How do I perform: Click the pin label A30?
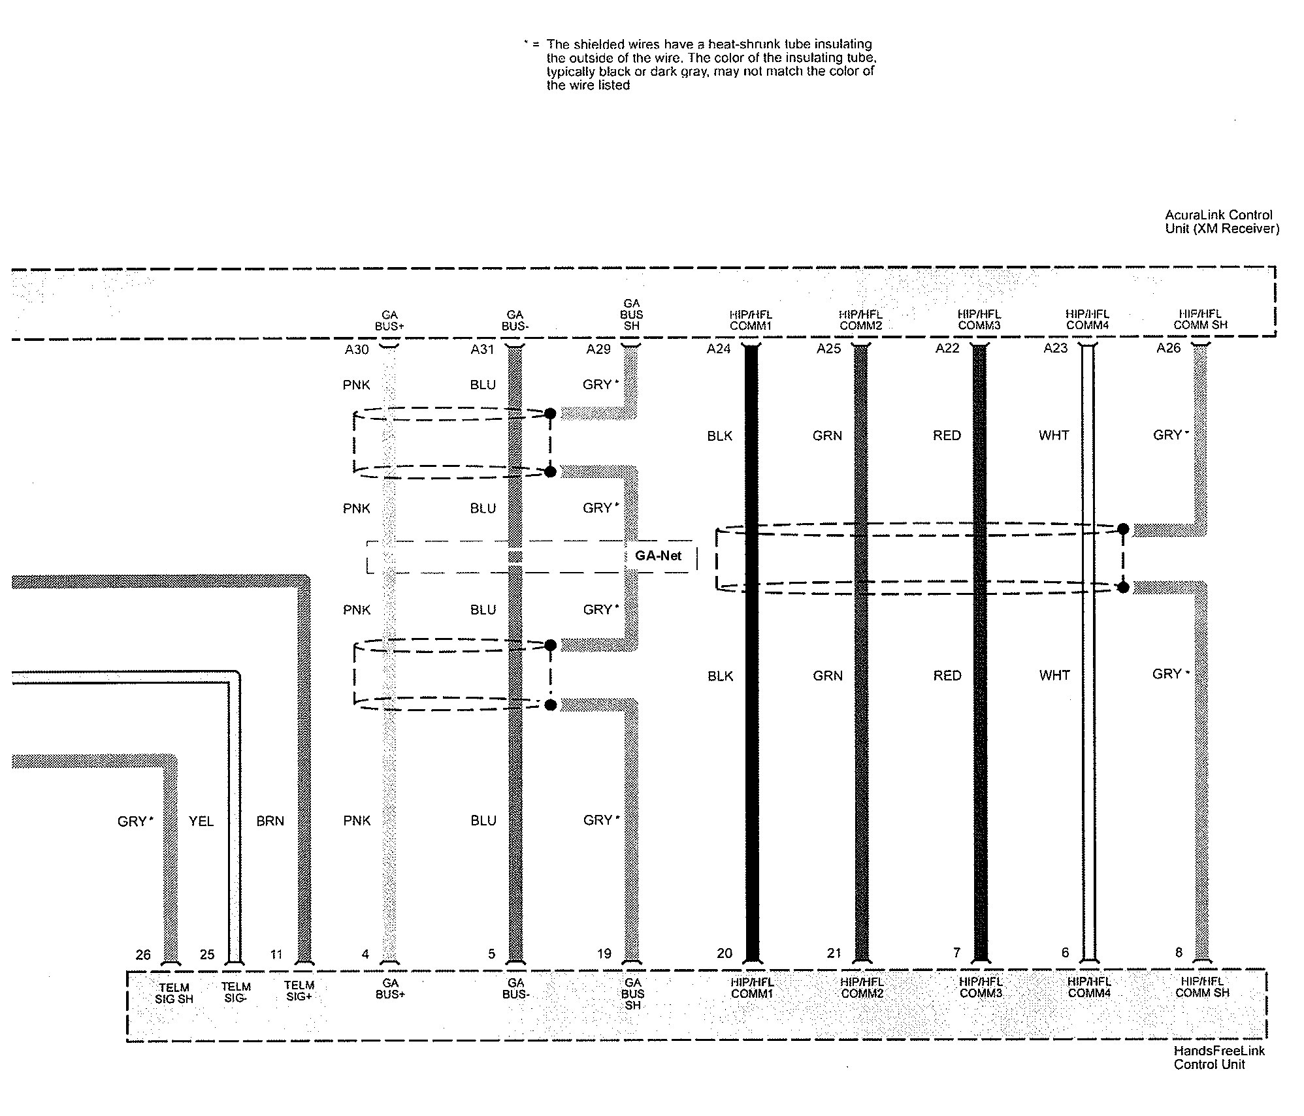point(357,349)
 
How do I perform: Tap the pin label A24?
point(718,349)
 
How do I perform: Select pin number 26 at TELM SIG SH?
point(143,955)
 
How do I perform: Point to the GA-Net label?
point(658,556)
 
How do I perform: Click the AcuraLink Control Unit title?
point(1222,221)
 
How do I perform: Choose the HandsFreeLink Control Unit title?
point(1218,1057)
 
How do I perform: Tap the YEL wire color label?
point(201,821)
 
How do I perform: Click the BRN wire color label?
point(270,821)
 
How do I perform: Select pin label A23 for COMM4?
point(1055,348)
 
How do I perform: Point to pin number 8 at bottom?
point(1179,952)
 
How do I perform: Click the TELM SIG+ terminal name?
point(299,991)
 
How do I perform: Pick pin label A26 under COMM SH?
point(1168,348)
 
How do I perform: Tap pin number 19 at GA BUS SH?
point(604,953)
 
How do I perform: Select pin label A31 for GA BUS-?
point(482,349)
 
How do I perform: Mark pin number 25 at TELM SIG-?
point(207,955)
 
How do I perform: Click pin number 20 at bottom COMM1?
point(725,953)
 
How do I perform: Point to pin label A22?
point(947,348)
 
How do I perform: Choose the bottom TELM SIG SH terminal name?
point(174,993)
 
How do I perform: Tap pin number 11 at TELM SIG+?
point(276,955)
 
